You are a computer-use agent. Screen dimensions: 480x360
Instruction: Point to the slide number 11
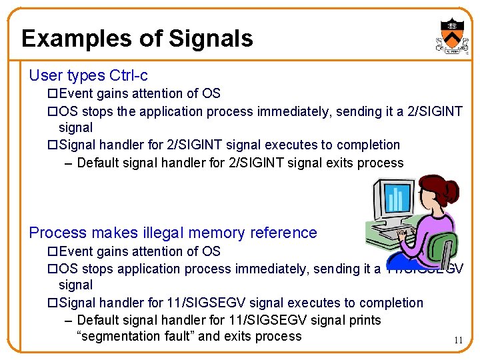458,340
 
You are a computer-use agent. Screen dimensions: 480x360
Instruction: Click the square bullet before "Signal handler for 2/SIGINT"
53,145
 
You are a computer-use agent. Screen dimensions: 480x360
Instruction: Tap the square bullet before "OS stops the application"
53,111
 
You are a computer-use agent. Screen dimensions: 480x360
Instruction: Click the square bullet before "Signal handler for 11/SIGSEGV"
53,303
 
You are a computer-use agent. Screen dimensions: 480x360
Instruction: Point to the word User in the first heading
44,75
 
